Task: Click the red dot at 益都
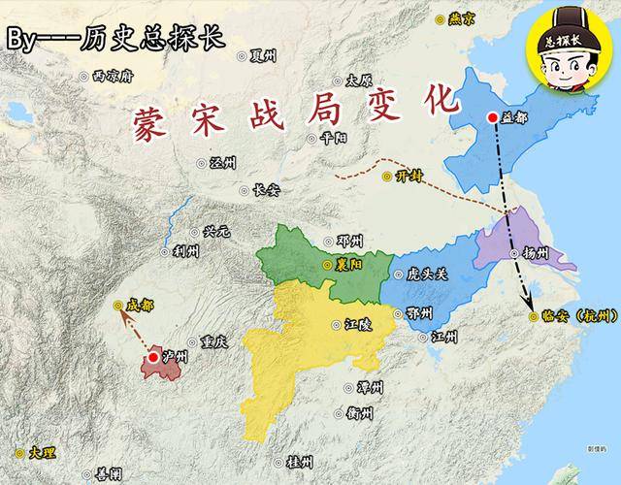[493, 118]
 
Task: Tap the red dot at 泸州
[153, 358]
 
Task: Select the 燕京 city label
[461, 17]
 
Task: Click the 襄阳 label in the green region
[347, 263]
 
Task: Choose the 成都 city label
[139, 305]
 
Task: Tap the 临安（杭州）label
[573, 315]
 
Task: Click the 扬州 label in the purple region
[536, 252]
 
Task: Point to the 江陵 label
[357, 326]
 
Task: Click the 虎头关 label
[428, 275]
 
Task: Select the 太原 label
[359, 80]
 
